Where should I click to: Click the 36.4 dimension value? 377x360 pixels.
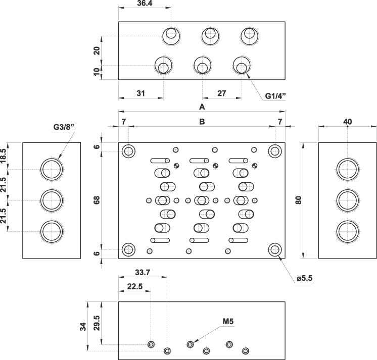[x=145, y=4]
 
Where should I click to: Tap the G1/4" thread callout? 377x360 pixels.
[x=275, y=96]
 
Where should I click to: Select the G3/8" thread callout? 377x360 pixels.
[x=64, y=127]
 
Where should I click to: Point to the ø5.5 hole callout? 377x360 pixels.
[x=304, y=278]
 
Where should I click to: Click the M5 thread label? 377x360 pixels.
[x=228, y=321]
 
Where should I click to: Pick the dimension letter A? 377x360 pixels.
[x=202, y=107]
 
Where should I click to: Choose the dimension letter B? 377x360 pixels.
[x=202, y=122]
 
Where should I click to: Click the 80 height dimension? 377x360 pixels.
[x=298, y=200]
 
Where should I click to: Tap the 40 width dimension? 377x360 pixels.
[x=348, y=122]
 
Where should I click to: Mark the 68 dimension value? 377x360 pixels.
[x=97, y=200]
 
